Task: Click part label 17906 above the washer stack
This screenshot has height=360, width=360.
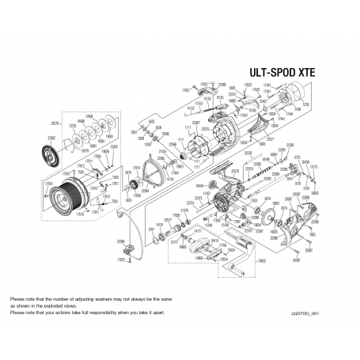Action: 89,116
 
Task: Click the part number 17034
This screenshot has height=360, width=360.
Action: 135,168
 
